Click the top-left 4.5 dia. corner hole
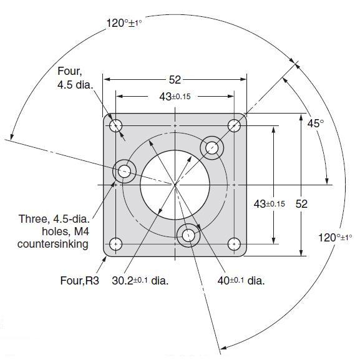(115, 125)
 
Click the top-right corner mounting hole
(235, 125)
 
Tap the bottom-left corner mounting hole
(115, 244)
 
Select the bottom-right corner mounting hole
(235, 244)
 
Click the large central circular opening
(174, 185)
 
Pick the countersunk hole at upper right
(212, 148)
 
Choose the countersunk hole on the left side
(125, 170)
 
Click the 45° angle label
(316, 123)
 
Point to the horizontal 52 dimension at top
(175, 79)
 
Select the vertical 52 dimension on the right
(301, 203)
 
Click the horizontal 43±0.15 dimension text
(175, 97)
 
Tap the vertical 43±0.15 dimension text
(270, 203)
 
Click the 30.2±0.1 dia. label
(140, 280)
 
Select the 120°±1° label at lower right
(335, 237)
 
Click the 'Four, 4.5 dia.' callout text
(74, 77)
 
